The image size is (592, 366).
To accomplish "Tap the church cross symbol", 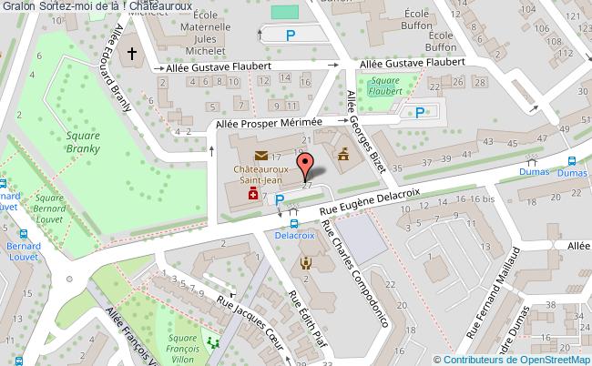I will (132, 55).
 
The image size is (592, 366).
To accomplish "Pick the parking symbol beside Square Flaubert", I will (419, 113).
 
